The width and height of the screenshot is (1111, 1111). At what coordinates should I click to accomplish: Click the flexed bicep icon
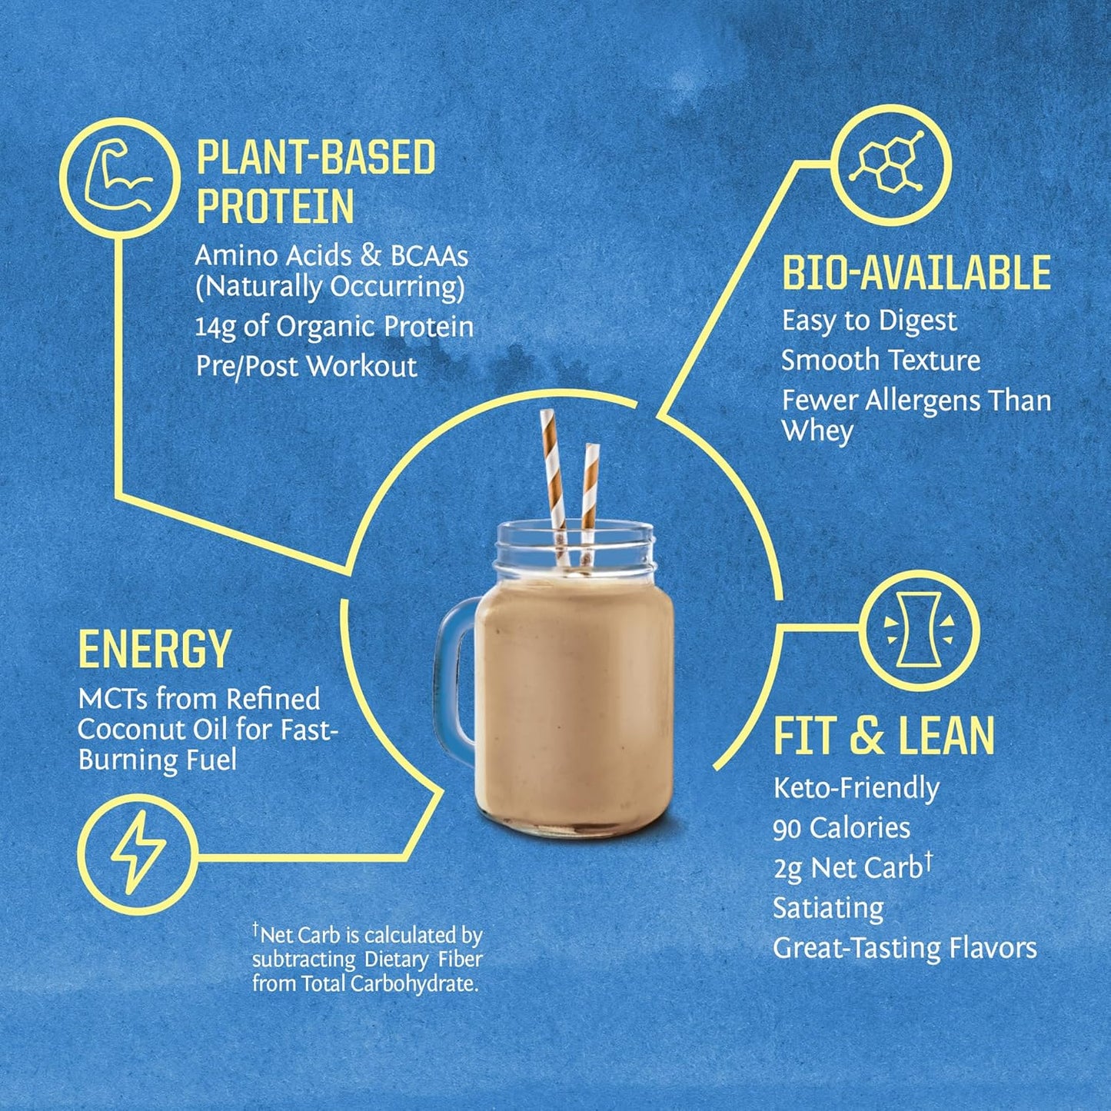coord(120,179)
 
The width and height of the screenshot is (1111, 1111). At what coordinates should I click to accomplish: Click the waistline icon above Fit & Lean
coord(920,629)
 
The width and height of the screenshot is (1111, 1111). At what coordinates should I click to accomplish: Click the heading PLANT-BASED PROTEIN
coord(315,181)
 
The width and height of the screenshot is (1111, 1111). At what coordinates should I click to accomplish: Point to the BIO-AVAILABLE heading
coord(916,273)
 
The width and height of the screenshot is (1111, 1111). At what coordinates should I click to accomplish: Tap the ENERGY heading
coord(155,650)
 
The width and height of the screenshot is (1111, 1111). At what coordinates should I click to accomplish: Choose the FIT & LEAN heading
coord(883,736)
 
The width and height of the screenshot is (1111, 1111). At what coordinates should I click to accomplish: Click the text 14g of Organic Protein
coord(334,327)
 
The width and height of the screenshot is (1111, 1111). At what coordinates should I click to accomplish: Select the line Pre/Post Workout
coord(306,366)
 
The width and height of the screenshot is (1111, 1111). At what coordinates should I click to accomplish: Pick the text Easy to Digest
coord(869,321)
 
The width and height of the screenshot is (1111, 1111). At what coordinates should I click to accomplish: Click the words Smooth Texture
coord(880,361)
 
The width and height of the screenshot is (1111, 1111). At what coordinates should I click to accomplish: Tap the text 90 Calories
coord(841,828)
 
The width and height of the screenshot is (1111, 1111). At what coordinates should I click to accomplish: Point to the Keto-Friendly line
coord(856,788)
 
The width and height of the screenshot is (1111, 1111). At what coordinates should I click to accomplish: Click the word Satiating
coord(828,908)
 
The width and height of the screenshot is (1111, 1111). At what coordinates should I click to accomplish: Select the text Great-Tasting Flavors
coord(904,948)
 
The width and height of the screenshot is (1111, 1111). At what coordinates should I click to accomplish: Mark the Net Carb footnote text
coord(367,960)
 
